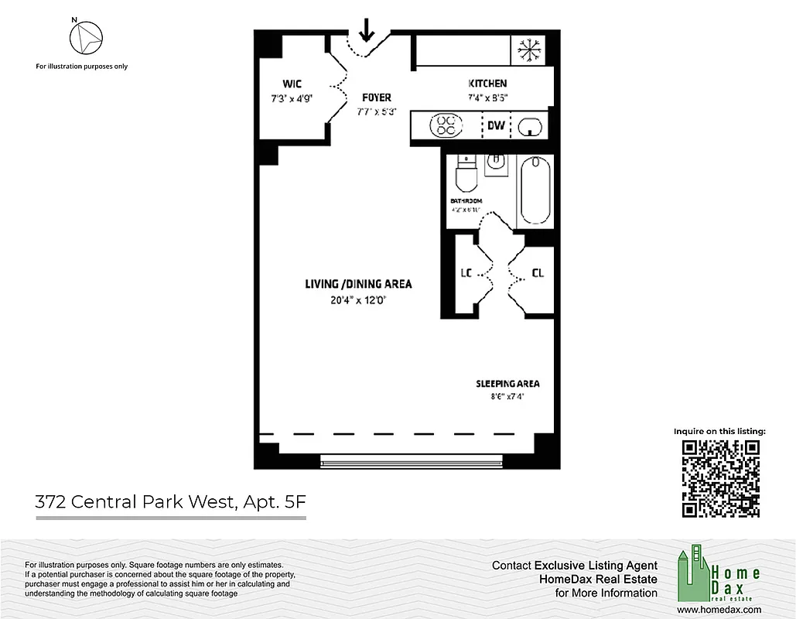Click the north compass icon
tap(86, 36)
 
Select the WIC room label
tap(292, 84)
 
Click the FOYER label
tap(377, 97)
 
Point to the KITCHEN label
tap(487, 84)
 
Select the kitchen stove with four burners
tap(446, 125)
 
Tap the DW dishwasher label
tap(495, 125)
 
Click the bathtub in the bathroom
tap(535, 190)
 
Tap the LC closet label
tap(466, 273)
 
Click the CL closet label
tap(538, 273)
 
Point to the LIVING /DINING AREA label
tap(358, 284)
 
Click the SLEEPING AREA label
tap(507, 384)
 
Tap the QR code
tap(720, 478)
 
